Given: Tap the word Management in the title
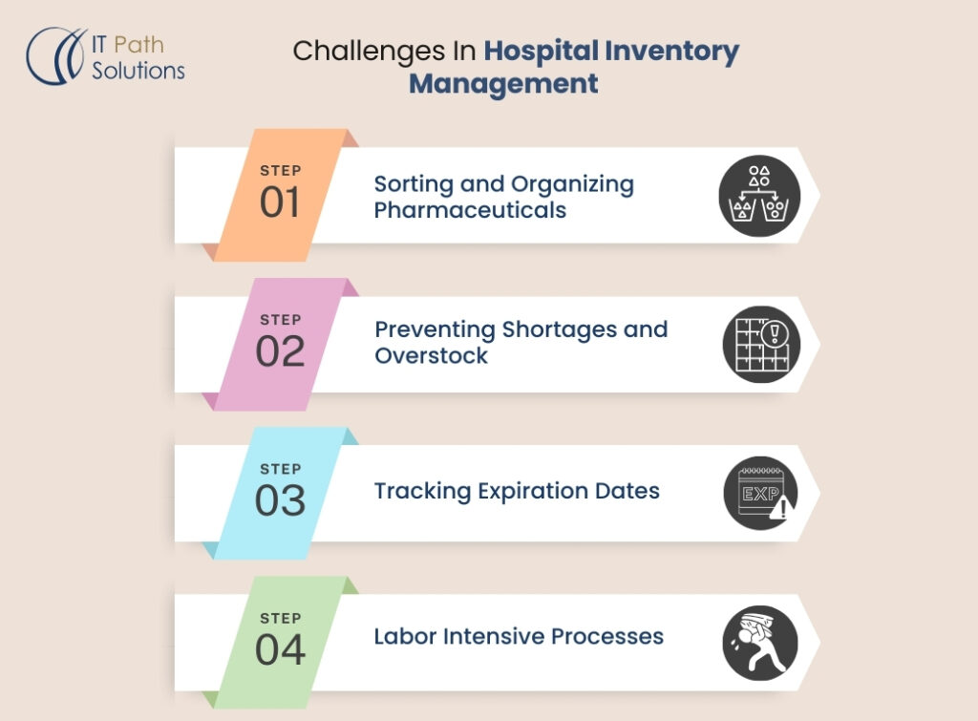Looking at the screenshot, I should click(503, 83).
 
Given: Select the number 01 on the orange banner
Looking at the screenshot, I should click(279, 202).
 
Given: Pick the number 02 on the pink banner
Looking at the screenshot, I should click(279, 351).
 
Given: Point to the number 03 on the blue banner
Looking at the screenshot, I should click(279, 500).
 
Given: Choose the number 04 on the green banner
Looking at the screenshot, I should click(279, 649).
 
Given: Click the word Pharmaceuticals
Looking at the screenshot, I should click(470, 210).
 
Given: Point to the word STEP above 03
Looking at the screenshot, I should click(280, 469).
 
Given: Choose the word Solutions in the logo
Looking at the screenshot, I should click(138, 71).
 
